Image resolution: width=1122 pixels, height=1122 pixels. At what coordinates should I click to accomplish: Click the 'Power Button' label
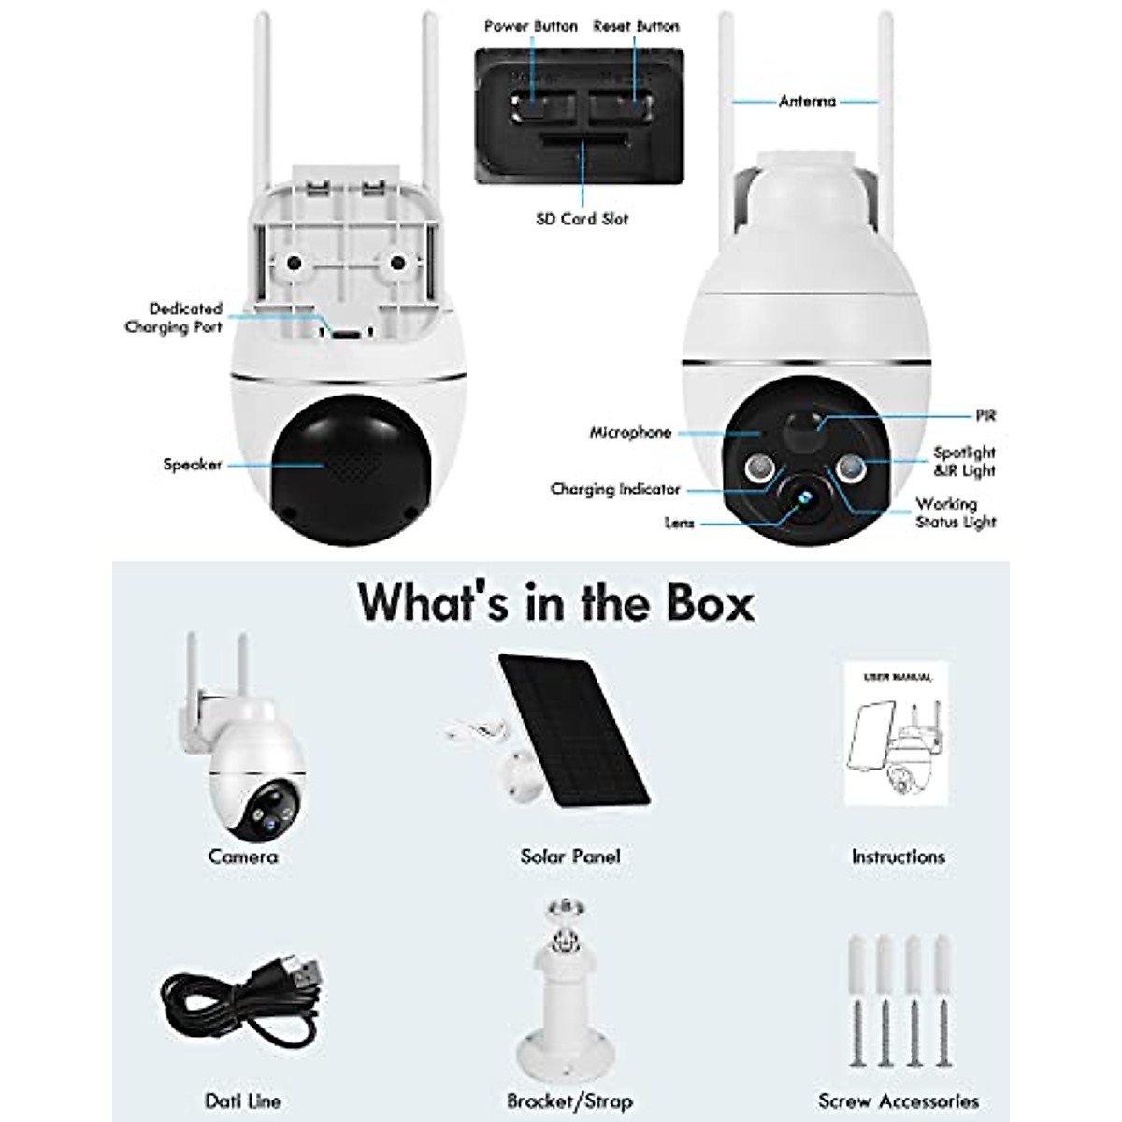(530, 26)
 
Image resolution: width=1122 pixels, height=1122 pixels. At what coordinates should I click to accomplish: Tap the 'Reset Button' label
(636, 26)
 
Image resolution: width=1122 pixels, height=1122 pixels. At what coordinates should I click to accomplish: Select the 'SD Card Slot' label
(582, 219)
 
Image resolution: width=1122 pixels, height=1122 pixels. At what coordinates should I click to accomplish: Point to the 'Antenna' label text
(807, 101)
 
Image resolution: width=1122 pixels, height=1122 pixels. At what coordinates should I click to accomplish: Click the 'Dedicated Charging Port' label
(175, 318)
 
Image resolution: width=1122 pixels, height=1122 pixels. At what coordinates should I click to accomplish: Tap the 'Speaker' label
(192, 465)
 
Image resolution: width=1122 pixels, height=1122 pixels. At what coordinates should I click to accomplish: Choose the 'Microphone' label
(630, 433)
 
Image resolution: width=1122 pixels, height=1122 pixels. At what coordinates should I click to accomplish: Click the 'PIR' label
(985, 414)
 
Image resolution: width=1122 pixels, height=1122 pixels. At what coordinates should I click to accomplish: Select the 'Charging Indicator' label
(614, 489)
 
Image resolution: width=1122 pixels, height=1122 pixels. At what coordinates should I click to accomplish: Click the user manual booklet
(896, 735)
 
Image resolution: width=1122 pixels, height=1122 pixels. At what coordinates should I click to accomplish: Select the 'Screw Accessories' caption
(898, 1101)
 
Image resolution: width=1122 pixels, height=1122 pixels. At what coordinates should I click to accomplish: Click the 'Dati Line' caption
(242, 1101)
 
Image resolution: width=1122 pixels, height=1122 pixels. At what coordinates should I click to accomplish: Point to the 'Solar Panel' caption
(569, 856)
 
